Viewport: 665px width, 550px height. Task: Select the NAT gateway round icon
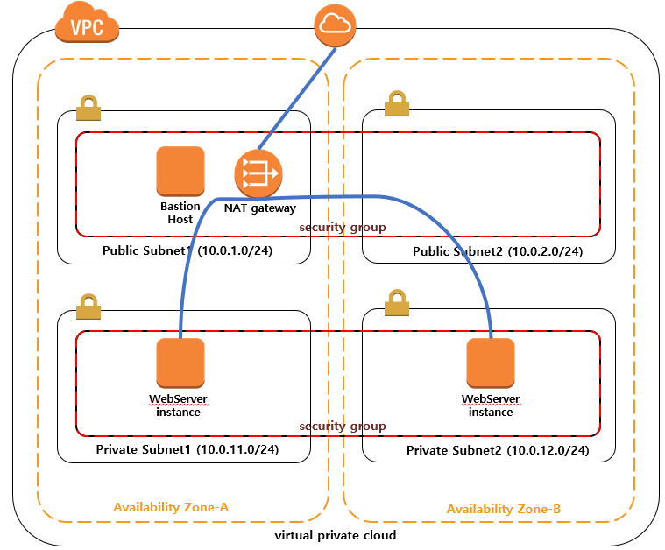point(258,173)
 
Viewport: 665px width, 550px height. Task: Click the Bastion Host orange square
point(180,171)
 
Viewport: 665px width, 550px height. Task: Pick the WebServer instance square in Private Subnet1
point(180,363)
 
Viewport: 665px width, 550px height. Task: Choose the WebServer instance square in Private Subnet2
point(491,363)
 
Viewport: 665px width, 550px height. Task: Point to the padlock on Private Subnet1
point(88,307)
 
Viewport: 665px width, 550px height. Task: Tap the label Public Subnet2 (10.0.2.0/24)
point(498,252)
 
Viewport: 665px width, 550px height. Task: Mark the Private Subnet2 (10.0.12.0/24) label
point(497,450)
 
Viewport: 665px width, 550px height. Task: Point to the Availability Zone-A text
point(171,507)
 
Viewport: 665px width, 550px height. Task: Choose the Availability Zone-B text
point(504,509)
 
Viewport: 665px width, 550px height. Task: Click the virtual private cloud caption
point(336,535)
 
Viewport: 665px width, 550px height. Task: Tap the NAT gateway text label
point(260,208)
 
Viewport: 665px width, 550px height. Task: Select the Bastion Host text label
point(180,213)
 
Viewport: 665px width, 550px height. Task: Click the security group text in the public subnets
point(343,228)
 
